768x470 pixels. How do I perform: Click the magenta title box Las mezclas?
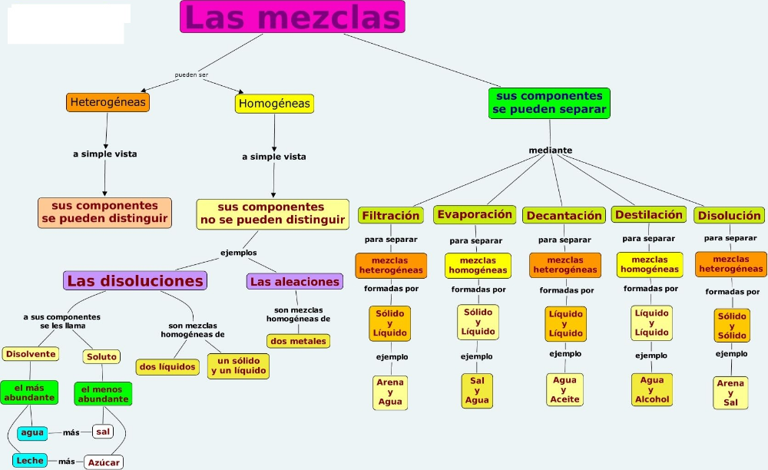pos(292,17)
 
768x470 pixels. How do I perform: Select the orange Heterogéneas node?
pos(107,102)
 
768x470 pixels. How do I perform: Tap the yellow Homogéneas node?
pos(274,104)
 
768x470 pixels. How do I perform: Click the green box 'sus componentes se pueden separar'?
pos(549,103)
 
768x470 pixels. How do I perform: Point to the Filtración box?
pos(391,216)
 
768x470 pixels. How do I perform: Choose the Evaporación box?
pos(474,215)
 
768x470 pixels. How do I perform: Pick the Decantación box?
pos(564,216)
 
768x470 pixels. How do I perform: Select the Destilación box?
pos(648,215)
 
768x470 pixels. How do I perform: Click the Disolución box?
pos(729,216)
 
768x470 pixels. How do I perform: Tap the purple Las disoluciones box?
pos(135,281)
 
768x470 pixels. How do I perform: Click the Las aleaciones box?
pos(295,282)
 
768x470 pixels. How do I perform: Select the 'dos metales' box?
pos(298,341)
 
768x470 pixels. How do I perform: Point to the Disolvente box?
pos(31,354)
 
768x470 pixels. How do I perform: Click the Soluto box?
pos(102,356)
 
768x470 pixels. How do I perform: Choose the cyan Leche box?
pos(30,460)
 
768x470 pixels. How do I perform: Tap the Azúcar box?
pos(104,462)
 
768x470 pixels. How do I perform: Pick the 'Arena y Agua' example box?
pos(390,392)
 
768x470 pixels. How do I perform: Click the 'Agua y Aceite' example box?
pos(564,389)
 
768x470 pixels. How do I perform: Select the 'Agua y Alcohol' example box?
pos(652,389)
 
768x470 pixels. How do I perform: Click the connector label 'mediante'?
pos(550,150)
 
